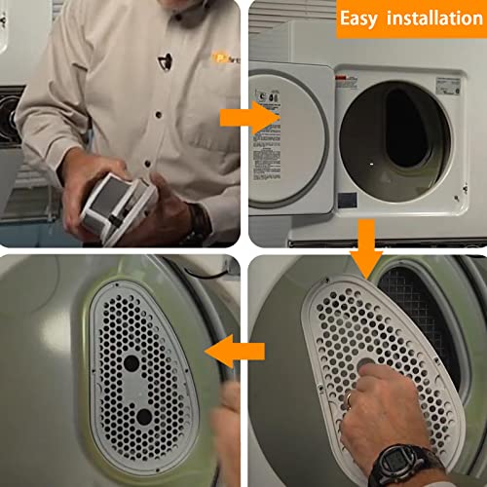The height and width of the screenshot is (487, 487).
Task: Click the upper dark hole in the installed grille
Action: click(x=130, y=359)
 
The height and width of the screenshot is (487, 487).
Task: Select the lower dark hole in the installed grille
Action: click(x=144, y=417)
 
